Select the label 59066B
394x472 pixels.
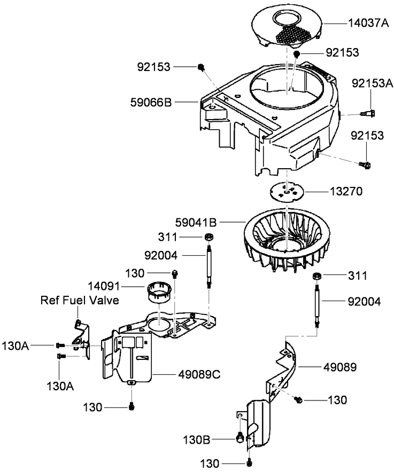[x=150, y=101]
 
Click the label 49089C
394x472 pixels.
[x=199, y=373]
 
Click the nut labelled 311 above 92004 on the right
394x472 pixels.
[x=317, y=276]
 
